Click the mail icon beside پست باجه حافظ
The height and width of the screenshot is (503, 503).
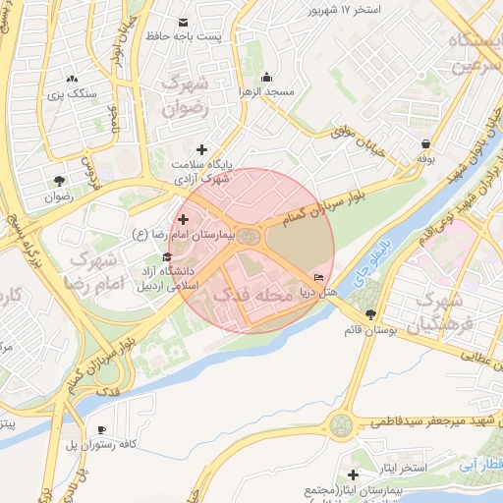(x=184, y=22)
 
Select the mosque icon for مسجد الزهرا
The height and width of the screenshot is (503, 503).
(x=265, y=78)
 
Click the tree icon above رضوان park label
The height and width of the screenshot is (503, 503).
(x=59, y=181)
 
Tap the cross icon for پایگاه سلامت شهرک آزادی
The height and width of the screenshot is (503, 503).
(x=202, y=150)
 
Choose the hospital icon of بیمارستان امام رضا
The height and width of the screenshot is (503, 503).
(x=183, y=218)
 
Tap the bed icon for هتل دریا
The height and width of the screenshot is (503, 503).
(x=318, y=278)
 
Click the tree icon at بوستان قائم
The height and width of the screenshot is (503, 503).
(x=370, y=314)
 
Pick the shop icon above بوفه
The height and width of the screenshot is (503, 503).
(x=425, y=142)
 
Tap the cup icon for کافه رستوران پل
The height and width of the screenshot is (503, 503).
(x=101, y=430)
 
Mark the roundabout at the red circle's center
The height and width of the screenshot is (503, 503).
(x=251, y=237)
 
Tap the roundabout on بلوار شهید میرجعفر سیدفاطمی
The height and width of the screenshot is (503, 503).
(x=341, y=425)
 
